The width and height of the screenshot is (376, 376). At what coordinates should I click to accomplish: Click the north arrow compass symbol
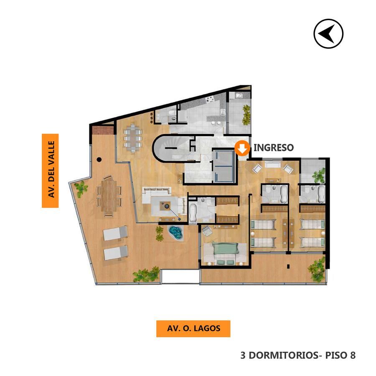click(x=328, y=34)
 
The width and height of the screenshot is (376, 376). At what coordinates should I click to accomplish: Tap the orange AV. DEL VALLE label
click(x=50, y=170)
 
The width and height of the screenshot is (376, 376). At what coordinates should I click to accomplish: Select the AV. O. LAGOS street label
click(x=193, y=328)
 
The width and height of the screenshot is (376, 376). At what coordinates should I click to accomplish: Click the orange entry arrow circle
click(x=242, y=148)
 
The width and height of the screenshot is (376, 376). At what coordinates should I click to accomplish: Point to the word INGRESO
click(x=274, y=148)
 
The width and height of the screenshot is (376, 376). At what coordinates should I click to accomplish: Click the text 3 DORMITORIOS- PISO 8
click(x=298, y=355)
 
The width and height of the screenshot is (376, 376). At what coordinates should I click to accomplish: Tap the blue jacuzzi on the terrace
click(x=176, y=232)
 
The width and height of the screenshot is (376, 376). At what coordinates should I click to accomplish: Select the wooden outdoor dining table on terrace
click(x=109, y=196)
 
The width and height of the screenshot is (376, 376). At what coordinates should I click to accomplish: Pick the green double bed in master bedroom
click(x=225, y=254)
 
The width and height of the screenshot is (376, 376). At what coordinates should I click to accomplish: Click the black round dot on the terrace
click(x=99, y=160)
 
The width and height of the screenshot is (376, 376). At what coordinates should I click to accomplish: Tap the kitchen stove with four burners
click(x=209, y=99)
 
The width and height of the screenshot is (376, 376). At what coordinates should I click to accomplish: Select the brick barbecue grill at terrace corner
click(x=103, y=130)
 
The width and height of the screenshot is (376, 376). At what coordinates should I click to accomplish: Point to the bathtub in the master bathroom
click(x=193, y=212)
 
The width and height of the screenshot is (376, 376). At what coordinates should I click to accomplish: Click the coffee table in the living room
click(x=165, y=206)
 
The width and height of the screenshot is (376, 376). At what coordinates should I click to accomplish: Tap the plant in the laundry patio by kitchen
click(x=246, y=115)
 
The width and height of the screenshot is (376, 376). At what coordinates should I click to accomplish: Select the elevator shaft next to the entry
click(x=224, y=166)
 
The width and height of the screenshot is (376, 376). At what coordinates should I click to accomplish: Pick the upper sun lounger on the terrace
click(x=115, y=233)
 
